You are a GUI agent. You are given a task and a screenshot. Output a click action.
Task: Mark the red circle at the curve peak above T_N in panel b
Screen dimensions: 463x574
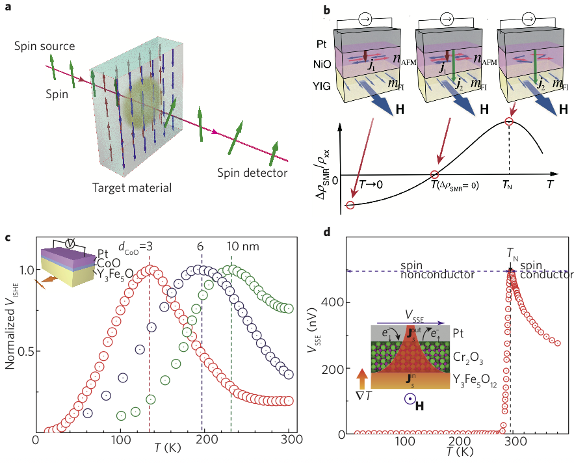pos(509,122)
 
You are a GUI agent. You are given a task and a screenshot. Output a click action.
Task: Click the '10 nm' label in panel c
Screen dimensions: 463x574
pos(241,248)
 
